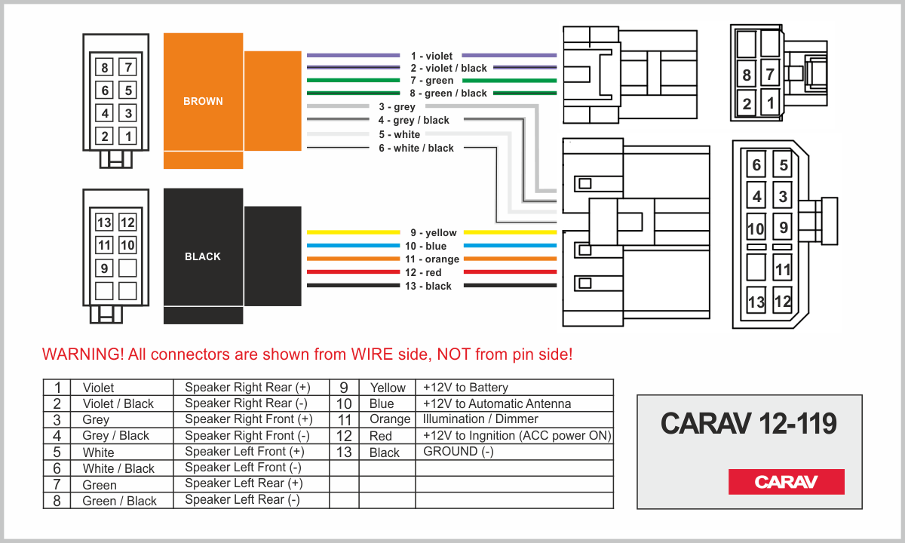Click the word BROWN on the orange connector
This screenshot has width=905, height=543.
click(x=203, y=101)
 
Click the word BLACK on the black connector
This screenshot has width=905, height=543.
click(x=203, y=256)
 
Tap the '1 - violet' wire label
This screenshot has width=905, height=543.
click(x=431, y=56)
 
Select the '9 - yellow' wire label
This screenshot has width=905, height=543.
click(x=434, y=233)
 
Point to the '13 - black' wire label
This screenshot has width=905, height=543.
click(x=428, y=286)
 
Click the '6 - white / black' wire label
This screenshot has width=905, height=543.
click(x=416, y=149)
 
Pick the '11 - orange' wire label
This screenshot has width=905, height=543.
click(x=432, y=259)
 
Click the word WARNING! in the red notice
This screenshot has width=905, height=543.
click(x=83, y=354)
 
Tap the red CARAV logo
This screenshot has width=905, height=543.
click(x=786, y=482)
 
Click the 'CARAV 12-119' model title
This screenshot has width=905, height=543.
click(x=749, y=423)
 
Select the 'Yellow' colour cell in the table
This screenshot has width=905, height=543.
click(x=388, y=388)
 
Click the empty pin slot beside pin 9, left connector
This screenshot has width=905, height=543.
click(x=127, y=268)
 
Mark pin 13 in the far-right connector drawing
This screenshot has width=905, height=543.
click(x=756, y=302)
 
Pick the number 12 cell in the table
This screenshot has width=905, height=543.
click(x=344, y=436)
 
